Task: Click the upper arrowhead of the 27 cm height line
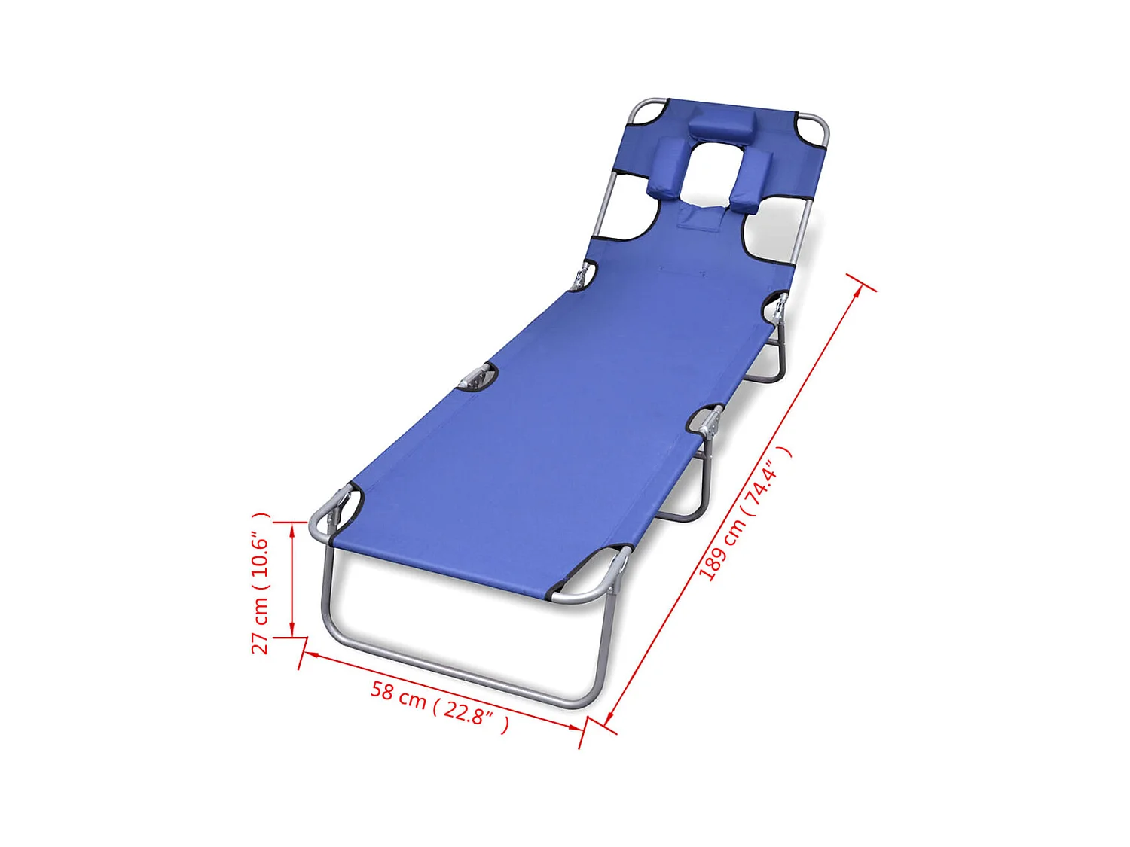(292, 527)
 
